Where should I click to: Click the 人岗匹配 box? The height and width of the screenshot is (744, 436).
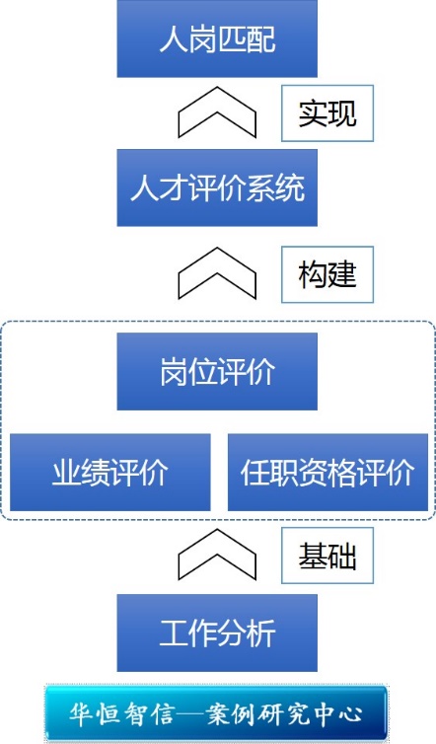coord(217,38)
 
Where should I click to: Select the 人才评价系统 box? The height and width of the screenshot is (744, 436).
coord(217,187)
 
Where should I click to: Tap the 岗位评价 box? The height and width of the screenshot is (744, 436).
coord(217,372)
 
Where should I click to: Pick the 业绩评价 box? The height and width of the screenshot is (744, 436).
coord(110,472)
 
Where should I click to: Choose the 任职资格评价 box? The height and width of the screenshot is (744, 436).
coord(327,472)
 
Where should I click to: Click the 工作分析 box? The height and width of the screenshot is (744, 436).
coord(217,632)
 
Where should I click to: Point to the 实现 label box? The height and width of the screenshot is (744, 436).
coord(327,113)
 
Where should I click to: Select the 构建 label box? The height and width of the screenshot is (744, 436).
coord(327,274)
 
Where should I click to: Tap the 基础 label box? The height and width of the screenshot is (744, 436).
coord(327,556)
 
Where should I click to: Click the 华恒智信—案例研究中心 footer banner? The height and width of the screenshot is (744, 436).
coord(216,713)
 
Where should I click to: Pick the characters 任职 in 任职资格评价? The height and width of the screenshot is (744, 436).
coord(269,473)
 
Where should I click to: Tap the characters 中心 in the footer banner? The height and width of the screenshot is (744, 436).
coord(338,713)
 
